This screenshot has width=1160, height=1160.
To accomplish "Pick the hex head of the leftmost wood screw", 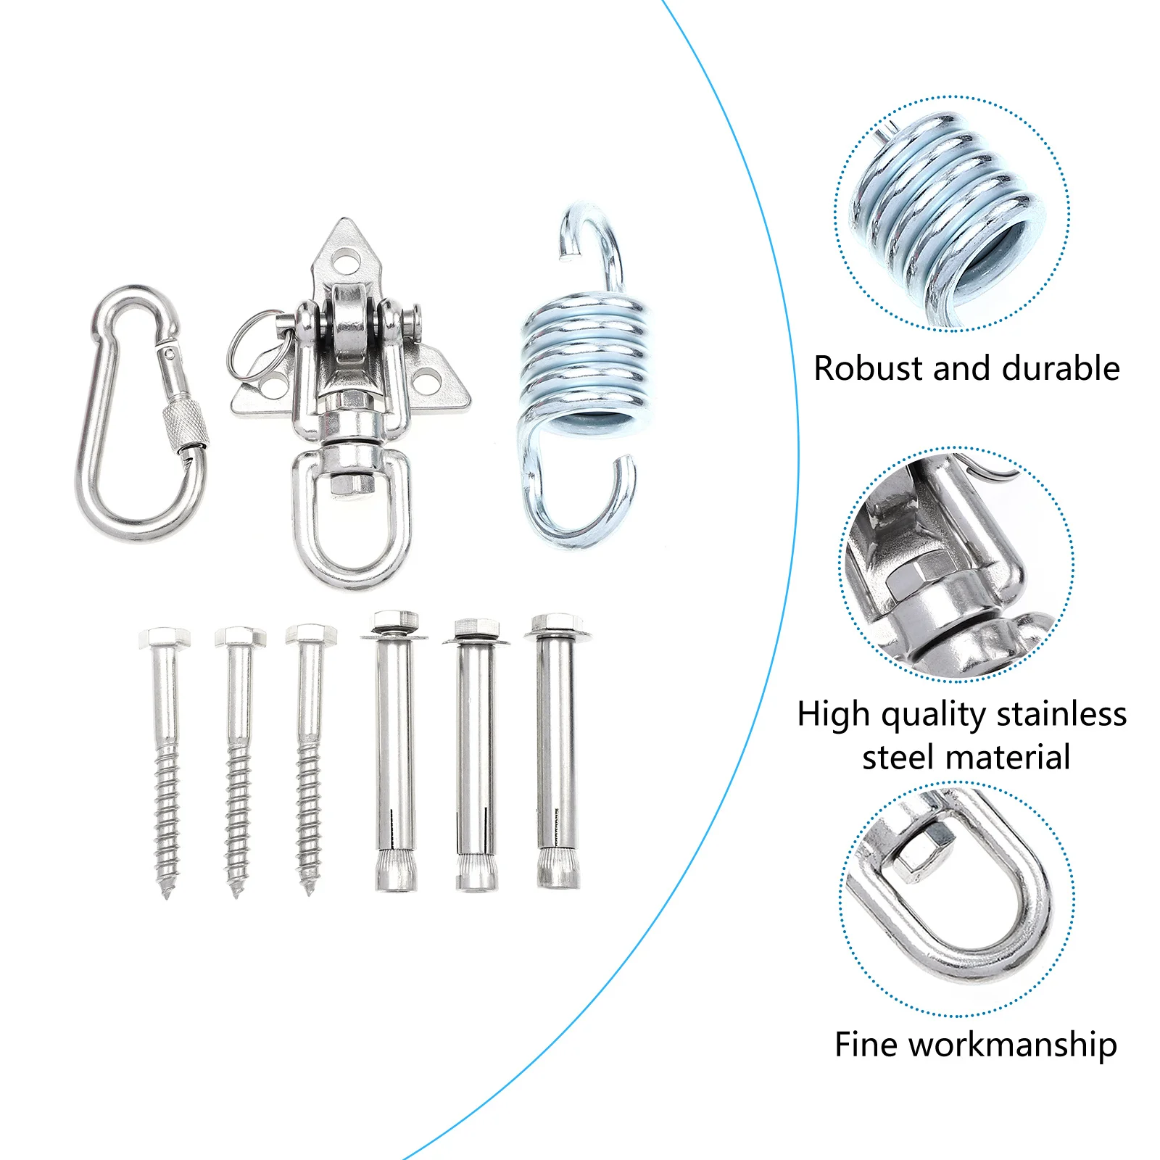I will pos(165,637).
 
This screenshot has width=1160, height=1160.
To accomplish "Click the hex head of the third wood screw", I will pos(311,634).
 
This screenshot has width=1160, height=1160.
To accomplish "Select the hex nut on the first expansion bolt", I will pos(395,621).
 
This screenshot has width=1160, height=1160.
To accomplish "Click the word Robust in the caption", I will pos(868,368).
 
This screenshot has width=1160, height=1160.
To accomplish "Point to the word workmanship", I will pos(1012,1045).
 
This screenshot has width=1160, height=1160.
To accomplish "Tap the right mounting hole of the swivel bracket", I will pos(428,378).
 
